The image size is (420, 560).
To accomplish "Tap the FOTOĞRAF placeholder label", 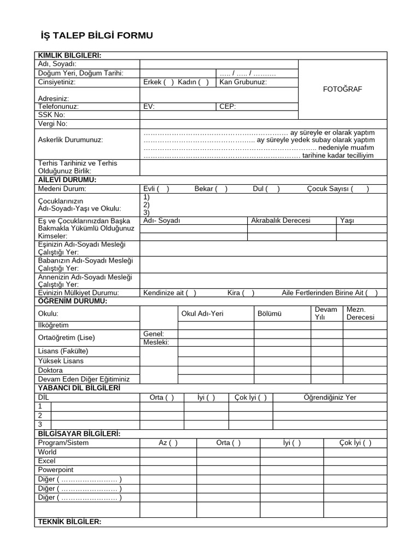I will coord(343,89).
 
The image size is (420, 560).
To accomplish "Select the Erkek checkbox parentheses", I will coord(168,82).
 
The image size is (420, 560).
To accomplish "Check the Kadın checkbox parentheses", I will coord(203,82).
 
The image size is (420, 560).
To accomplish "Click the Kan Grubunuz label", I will coord(243,82).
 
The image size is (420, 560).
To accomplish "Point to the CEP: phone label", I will coord(227,107).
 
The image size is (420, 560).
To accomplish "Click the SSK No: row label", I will coord(51,115).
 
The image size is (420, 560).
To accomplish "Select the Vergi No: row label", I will coord(52,124).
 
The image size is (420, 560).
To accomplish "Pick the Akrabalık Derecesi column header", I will coord(281,220).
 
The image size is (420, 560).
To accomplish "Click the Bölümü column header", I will coord(269,314).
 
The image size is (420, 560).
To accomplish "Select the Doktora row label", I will coord(50,370).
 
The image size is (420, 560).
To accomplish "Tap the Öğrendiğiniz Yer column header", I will coord(330,398).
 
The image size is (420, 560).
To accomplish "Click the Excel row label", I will coord(46,461).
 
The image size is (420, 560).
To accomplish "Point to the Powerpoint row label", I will coord(56,470).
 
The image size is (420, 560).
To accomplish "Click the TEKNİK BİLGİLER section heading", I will coord(69,522).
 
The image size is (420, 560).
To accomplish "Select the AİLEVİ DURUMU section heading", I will coord(67,180).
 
